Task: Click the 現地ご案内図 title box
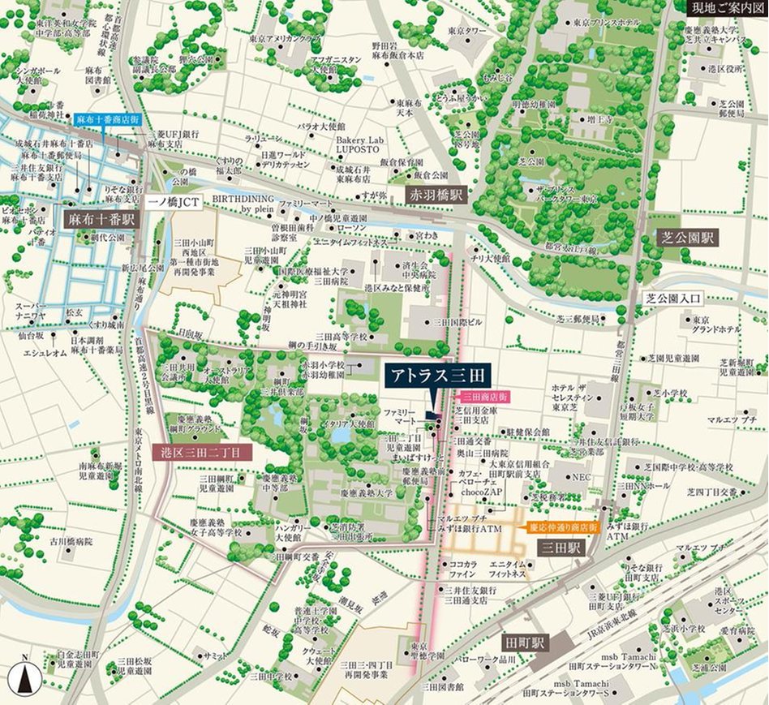726,8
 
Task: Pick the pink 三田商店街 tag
485,398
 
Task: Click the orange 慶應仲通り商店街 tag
563,527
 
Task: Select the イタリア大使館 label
350,423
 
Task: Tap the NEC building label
582,478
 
